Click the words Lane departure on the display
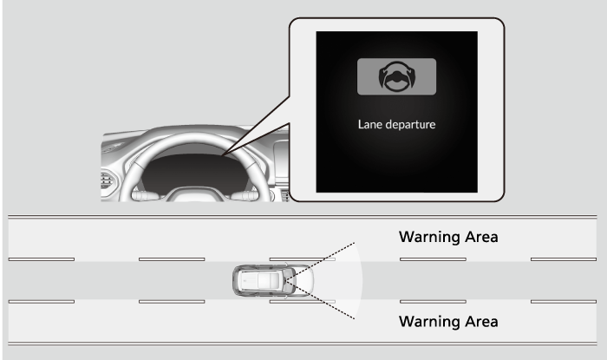coord(397,125)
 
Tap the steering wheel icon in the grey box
coord(397,76)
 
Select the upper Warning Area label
coord(448,237)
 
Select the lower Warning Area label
coord(448,322)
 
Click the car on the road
coord(273,281)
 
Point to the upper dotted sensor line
coord(320,262)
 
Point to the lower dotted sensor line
coord(320,300)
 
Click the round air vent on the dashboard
coord(107,180)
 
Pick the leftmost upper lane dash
coord(42,259)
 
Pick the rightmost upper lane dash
coord(564,259)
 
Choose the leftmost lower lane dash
coord(42,302)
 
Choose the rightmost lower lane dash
coord(564,302)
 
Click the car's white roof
coord(260,281)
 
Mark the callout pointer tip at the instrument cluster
coord(222,155)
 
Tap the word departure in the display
coord(411,125)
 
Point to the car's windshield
coord(290,281)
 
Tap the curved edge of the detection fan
coord(362,281)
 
